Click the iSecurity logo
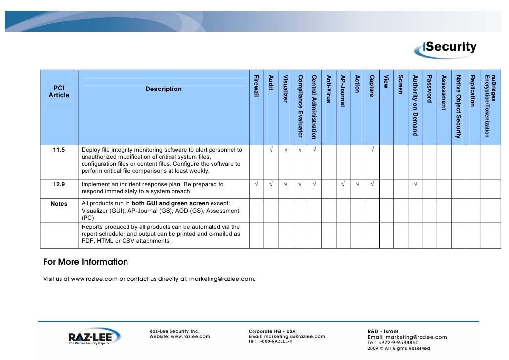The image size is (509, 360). [449, 47]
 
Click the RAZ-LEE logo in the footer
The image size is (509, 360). [94, 338]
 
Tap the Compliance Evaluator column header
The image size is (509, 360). [300, 105]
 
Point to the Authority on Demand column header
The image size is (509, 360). [415, 105]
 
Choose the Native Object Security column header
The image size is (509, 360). [458, 106]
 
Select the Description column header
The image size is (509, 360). [164, 89]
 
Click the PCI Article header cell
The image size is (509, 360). [59, 91]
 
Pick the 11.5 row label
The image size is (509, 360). [59, 150]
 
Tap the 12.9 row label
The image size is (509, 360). [59, 185]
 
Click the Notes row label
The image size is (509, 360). [59, 204]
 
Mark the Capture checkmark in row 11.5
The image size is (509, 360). [372, 150]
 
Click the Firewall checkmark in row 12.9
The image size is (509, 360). [256, 185]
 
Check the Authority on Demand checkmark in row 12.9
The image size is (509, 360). [415, 185]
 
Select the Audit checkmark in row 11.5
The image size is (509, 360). [271, 150]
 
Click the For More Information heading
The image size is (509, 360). [85, 262]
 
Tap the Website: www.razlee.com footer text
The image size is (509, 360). [180, 336]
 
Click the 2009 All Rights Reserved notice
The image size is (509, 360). [398, 348]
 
